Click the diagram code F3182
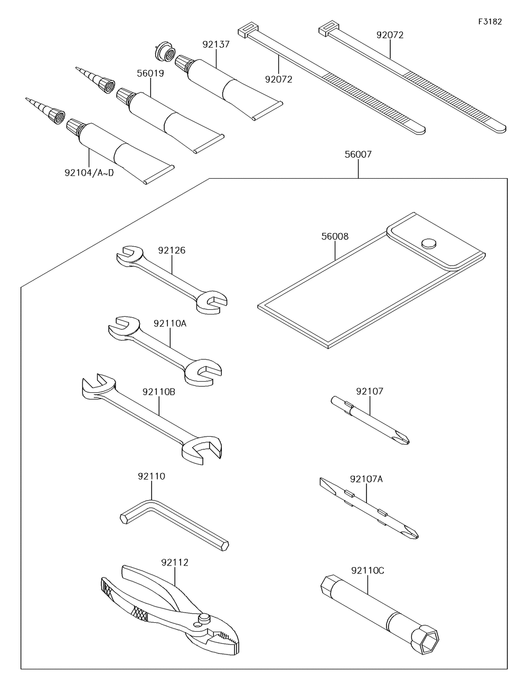pyautogui.click(x=489, y=22)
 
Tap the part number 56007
pyautogui.click(x=358, y=155)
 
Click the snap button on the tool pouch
pyautogui.click(x=428, y=243)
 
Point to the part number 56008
pyautogui.click(x=335, y=236)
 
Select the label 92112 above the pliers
pyautogui.click(x=175, y=562)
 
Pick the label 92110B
pyautogui.click(x=159, y=392)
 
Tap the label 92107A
pyautogui.click(x=366, y=479)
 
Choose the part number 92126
pyautogui.click(x=172, y=250)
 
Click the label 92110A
pyautogui.click(x=170, y=323)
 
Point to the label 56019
pyautogui.click(x=150, y=73)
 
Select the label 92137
pyautogui.click(x=216, y=44)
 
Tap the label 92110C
pyautogui.click(x=367, y=570)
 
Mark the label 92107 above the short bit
pyautogui.click(x=370, y=392)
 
